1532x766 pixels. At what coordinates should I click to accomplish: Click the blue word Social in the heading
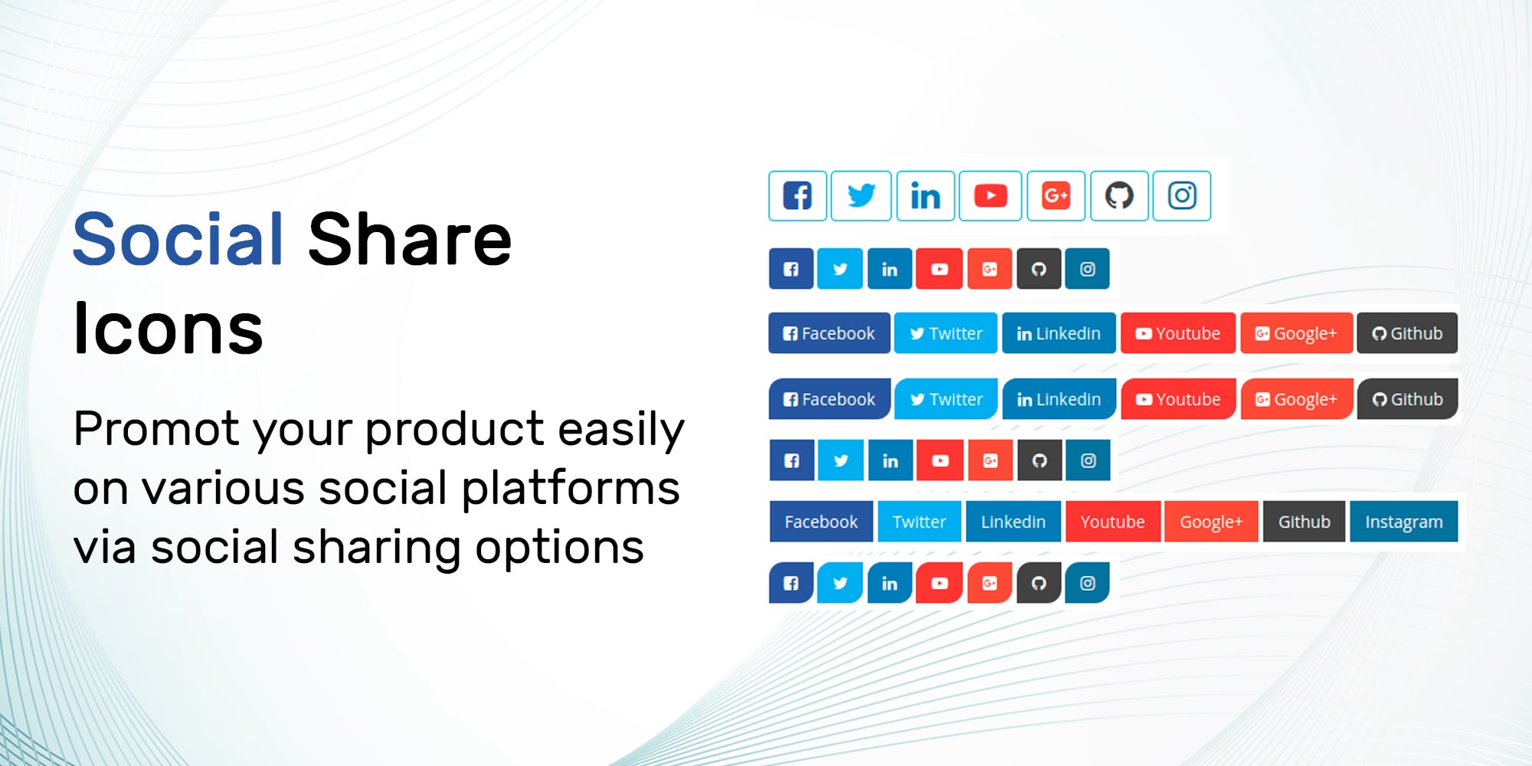click(178, 239)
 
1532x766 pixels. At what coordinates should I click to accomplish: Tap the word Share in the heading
click(410, 239)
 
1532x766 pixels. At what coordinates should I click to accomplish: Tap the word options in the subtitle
click(559, 548)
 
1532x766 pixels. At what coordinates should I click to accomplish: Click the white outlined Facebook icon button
click(797, 196)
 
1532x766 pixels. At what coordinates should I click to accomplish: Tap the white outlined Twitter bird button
click(861, 196)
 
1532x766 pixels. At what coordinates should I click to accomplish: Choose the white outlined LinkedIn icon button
click(925, 196)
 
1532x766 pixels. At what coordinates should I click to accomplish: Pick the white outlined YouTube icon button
click(990, 196)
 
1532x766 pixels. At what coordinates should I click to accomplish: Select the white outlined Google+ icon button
click(1056, 196)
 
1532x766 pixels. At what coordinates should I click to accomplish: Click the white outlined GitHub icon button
click(1119, 196)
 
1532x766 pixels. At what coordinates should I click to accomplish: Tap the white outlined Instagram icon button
click(1182, 196)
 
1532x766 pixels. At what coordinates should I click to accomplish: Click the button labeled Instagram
click(1403, 522)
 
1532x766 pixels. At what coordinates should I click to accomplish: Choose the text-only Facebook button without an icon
click(821, 522)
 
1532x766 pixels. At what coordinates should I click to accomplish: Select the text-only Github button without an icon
click(1304, 522)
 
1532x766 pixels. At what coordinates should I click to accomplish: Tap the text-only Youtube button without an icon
click(1112, 522)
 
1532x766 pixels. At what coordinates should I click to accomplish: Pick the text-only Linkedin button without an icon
click(1013, 522)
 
